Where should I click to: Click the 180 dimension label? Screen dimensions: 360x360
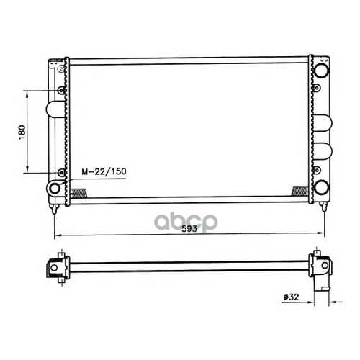point(22,132)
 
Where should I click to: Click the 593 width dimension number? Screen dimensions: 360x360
point(189,229)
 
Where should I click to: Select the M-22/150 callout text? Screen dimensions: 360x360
point(104,171)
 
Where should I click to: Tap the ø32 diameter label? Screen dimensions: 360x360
point(291,297)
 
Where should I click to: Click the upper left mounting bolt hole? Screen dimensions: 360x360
point(61,91)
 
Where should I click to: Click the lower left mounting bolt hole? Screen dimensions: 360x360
point(62,172)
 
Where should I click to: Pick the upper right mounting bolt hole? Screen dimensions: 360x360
point(317,88)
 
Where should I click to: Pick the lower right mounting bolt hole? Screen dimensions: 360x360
point(317,170)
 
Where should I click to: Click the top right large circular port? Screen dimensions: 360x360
point(321,70)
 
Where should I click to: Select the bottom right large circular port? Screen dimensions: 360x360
point(322,187)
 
